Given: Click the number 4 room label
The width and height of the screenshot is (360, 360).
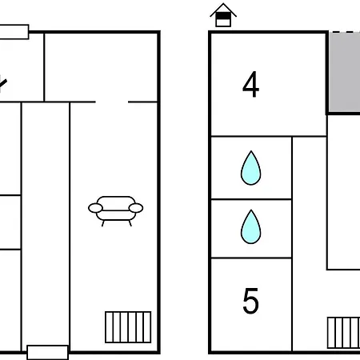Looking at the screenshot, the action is pos(250,84).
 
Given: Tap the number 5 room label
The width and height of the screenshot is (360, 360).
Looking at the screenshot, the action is pos(250,301).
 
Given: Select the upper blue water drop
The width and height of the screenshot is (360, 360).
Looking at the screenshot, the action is pos(250,168).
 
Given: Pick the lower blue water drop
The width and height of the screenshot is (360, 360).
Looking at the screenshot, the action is pos(250,227).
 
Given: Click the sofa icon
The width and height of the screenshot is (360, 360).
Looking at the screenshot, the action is pos(115,211).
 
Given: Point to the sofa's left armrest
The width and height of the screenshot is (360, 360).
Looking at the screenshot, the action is pos(95,208).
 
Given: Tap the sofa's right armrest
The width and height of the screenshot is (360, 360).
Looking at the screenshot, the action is pos(136,208).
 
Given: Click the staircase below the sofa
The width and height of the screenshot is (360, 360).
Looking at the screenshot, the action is pos(128,327).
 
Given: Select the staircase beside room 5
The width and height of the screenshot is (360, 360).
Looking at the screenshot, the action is pos(343,333).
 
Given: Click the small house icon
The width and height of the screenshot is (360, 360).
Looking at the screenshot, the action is pos(223,15).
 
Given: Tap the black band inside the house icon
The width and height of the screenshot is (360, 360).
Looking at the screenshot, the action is pos(223,16).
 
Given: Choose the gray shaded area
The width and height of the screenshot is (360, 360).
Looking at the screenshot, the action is pos(344,72).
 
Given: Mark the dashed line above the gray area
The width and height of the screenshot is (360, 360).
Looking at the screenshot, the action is pos(346,32).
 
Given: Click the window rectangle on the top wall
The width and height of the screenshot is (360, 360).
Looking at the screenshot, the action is pos(14,32).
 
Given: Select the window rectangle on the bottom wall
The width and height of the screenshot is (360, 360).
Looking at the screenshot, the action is pos(48,352).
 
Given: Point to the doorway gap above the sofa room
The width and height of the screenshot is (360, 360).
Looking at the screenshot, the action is pos(112,102).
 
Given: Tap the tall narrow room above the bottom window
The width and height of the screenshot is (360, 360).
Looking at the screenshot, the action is pos(46,224).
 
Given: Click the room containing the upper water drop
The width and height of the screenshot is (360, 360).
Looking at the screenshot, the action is pos(251,168).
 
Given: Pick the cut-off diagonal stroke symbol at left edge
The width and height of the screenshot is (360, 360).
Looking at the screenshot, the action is pos(2,83).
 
